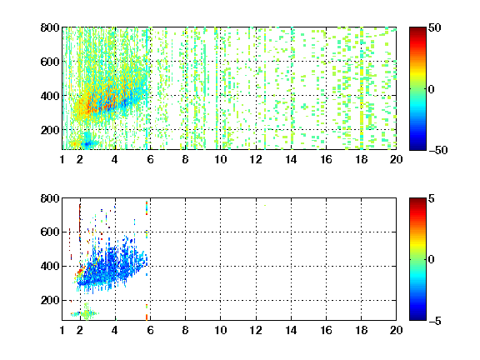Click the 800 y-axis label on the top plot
coord(50,27)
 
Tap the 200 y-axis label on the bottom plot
coord(50,300)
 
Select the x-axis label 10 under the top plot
coord(220,159)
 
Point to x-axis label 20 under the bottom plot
coord(396,330)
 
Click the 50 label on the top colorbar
coord(434,27)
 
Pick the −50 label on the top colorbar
coord(438,150)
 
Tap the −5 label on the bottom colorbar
coord(435,321)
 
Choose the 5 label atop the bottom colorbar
coord(432,198)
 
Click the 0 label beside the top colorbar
coord(432,89)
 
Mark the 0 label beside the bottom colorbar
coord(432,260)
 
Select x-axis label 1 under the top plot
coord(62,159)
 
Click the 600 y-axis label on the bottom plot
coord(50,232)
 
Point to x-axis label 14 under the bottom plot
coord(291,330)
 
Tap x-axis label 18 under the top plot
coord(361,159)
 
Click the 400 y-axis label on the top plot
coord(50,96)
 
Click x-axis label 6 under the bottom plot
coord(150,330)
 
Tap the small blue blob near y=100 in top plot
coord(87,143)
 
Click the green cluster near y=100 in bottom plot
coord(87,313)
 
